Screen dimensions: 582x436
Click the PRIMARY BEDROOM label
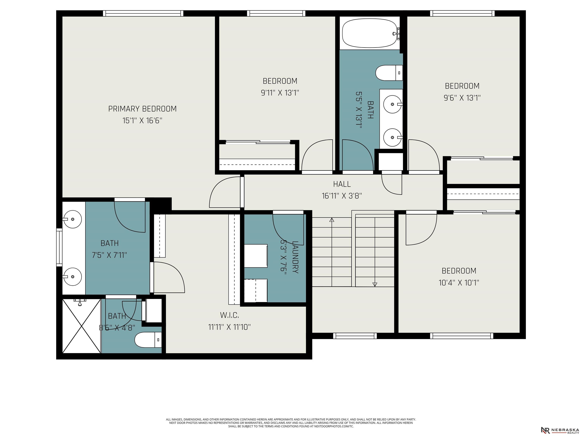[142, 109]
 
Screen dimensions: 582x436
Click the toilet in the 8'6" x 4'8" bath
[148, 340]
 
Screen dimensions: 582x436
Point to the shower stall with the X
[82, 326]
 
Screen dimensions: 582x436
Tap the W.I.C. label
[229, 315]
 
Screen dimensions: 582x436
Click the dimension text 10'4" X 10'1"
[459, 283]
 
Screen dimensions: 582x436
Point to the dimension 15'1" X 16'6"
[142, 121]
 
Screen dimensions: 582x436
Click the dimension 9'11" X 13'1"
[280, 93]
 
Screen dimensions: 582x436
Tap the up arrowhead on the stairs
[332, 220]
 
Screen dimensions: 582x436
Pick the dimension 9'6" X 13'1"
[462, 98]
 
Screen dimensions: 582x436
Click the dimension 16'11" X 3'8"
[342, 196]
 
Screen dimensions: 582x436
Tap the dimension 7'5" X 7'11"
[110, 255]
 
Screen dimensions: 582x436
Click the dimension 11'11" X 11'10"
[229, 327]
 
